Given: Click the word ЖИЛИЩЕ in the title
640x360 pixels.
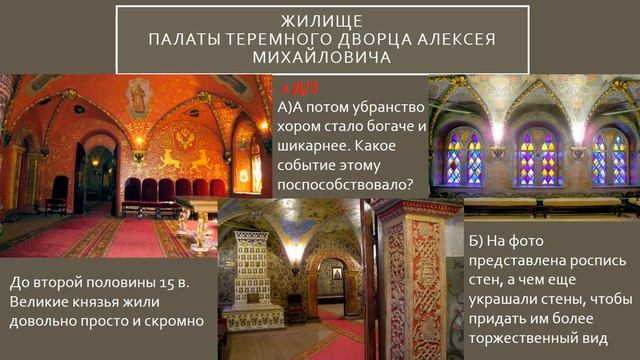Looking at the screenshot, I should pyautogui.click(x=321, y=19).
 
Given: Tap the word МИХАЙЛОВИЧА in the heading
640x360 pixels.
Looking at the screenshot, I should pyautogui.click(x=321, y=59).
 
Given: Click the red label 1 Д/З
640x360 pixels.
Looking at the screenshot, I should pyautogui.click(x=299, y=89).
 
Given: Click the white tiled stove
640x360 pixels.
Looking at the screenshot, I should pyautogui.click(x=252, y=276).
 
